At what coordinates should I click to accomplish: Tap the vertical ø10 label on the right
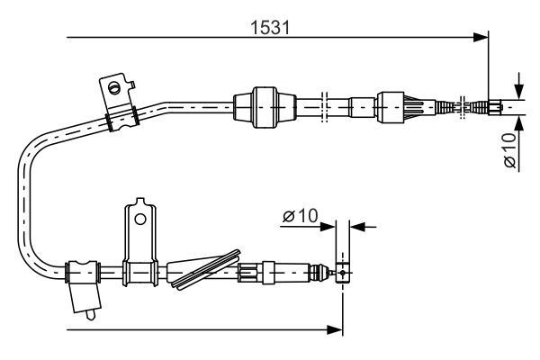coord(509,149)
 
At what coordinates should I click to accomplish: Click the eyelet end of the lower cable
coord(341,273)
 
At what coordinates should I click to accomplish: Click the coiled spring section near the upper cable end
coord(450,105)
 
